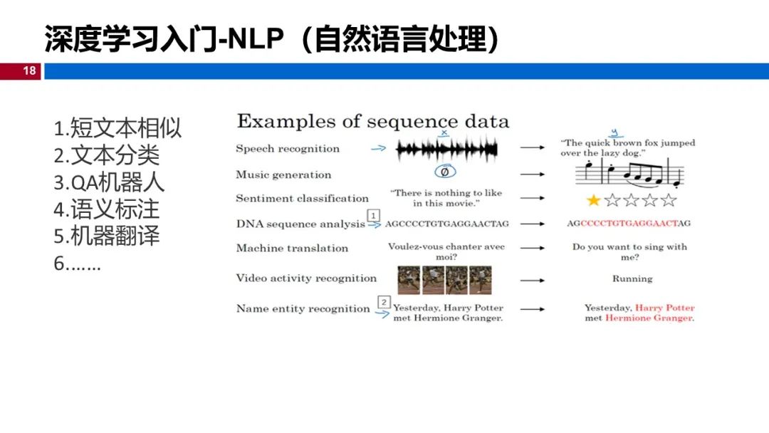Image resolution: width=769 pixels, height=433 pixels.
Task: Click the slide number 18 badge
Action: pos(29,71)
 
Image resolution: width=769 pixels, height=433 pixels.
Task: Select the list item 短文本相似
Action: pos(118,129)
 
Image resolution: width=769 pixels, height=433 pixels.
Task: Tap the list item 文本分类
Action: pos(107,155)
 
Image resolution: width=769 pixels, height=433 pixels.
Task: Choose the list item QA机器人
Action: pos(110,182)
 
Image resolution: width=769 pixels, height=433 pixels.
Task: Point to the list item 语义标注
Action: pos(107,209)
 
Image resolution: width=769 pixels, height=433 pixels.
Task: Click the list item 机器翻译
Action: pos(107,236)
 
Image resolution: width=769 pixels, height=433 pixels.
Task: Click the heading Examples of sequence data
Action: pos(373,121)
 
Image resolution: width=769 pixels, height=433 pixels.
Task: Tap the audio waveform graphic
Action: pos(447,149)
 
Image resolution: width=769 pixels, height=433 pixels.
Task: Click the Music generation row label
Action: pos(283,175)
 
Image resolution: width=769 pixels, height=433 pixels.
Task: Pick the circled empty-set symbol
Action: pos(445,172)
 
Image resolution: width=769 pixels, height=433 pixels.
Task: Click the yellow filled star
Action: pos(593,200)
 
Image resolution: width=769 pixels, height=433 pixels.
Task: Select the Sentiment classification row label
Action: pos(302,199)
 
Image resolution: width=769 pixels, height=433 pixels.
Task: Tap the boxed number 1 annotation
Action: pos(372,215)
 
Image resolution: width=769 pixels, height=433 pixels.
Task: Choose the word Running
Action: pos(632,279)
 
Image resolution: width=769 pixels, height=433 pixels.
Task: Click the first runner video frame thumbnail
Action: pos(409,279)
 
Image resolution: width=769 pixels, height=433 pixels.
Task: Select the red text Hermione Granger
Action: pos(649,318)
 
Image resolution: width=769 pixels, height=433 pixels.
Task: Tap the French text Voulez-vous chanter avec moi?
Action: pos(446,251)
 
